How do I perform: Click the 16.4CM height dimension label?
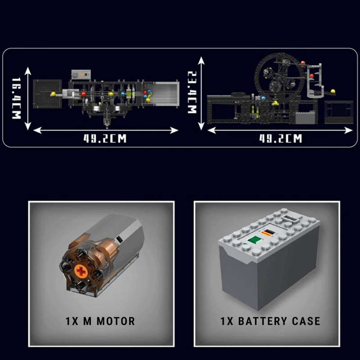17,98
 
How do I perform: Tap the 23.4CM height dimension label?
192,92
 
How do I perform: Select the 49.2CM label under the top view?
105,139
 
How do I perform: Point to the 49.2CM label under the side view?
280,139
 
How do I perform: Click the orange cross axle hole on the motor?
81,271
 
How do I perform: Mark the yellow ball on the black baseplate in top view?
53,94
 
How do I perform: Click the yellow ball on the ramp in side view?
333,91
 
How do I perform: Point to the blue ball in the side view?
263,99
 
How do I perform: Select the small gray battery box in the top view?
81,75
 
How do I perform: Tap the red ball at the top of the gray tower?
303,63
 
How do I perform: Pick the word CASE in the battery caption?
306,321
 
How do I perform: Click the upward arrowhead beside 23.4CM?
201,60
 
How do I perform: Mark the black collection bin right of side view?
339,112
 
